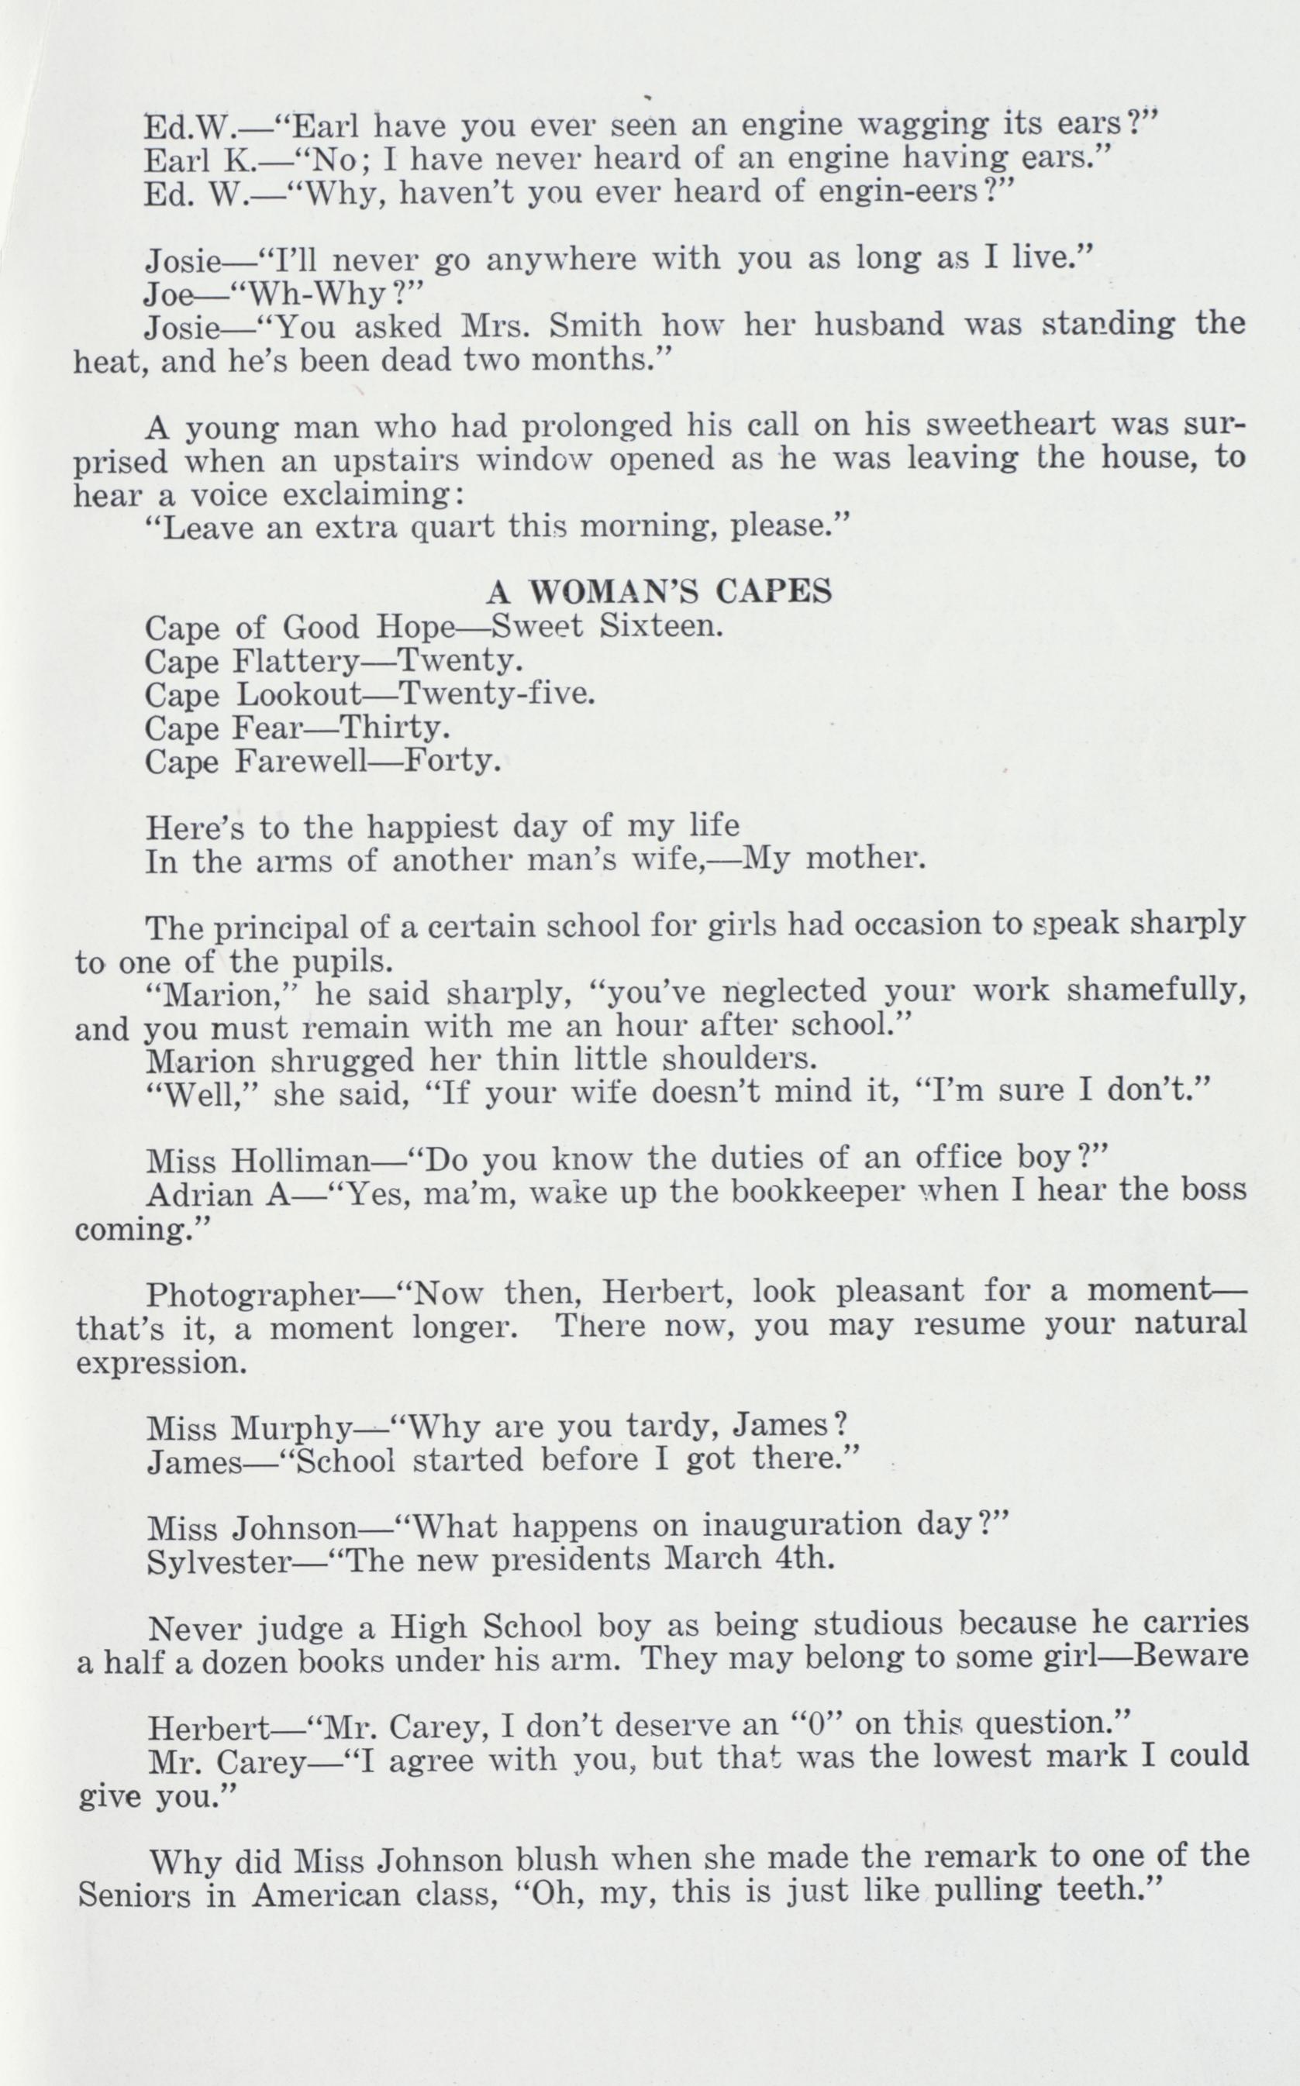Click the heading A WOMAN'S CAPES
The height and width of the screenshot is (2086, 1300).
(x=659, y=591)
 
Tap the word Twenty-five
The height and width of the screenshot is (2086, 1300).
(x=498, y=694)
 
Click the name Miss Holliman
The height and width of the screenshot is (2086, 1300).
(x=257, y=1162)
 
